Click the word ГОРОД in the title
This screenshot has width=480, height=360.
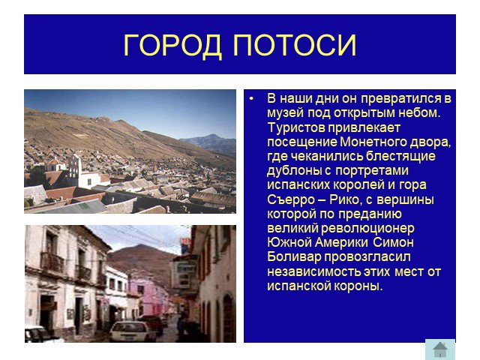(x=172, y=45)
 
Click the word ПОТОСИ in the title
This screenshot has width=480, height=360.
(x=295, y=45)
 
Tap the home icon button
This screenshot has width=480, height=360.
(x=440, y=349)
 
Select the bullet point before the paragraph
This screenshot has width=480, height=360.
(x=252, y=99)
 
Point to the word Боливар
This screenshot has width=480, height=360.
(x=294, y=256)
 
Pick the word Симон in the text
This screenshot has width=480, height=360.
(x=393, y=242)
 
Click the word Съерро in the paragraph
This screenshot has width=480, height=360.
(x=291, y=200)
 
